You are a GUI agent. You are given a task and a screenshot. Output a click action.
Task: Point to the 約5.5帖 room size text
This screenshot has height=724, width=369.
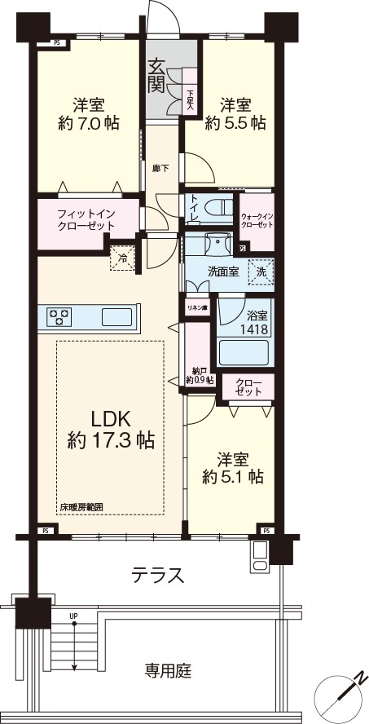235,123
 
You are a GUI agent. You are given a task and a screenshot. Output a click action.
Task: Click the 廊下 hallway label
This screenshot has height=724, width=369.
159,168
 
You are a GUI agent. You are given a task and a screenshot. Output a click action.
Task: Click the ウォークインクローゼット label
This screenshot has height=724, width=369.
257,220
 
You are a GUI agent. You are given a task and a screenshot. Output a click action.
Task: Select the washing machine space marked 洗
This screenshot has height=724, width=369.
261,271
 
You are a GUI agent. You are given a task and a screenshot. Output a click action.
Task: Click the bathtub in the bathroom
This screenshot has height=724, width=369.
244,353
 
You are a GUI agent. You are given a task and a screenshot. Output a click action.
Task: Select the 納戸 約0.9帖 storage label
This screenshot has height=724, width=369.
200,375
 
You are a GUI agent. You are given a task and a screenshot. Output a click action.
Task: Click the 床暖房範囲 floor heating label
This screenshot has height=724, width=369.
81,507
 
